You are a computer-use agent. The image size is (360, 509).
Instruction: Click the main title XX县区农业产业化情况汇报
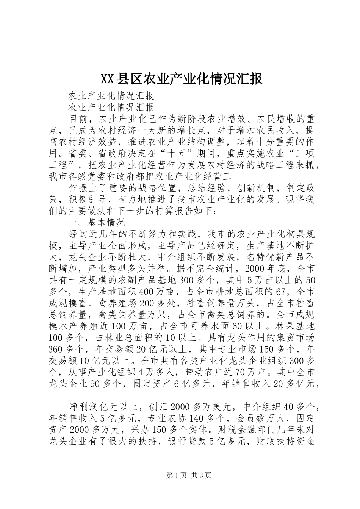181,80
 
